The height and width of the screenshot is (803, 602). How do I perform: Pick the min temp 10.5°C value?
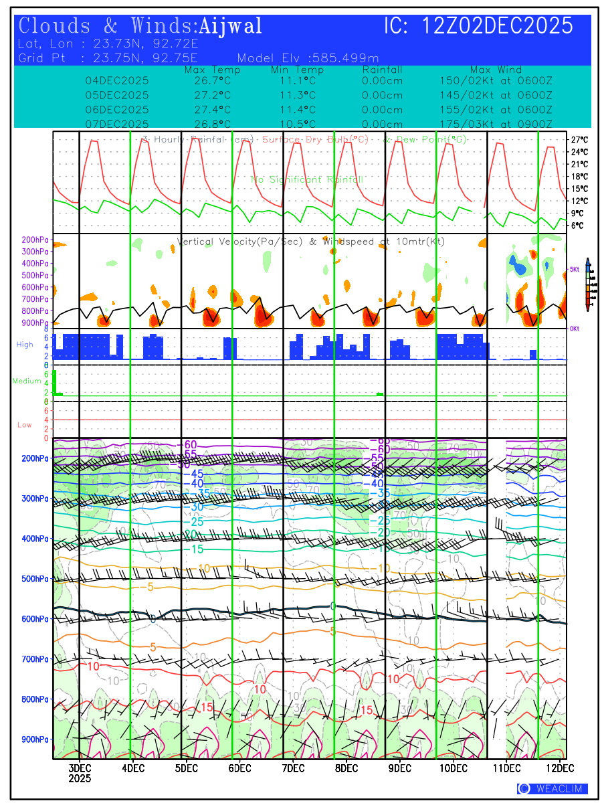297,124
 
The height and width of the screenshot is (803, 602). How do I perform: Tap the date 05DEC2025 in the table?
117,95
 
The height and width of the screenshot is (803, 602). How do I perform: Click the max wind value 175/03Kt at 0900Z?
496,124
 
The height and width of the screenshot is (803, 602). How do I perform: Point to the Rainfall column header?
382,70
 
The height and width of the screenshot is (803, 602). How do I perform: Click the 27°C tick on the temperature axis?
579,140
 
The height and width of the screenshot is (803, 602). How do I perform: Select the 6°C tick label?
577,226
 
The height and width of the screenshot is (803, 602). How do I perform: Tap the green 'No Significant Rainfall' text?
307,179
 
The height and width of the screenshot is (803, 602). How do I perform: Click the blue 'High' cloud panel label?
25,345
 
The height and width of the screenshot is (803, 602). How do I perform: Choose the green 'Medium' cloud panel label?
27,381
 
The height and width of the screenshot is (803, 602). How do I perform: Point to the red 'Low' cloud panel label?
24,425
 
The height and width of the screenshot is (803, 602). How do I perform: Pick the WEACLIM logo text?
558,789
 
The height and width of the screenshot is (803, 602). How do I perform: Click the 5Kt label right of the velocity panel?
575,269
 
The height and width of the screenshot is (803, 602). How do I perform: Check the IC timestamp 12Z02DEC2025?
498,27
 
